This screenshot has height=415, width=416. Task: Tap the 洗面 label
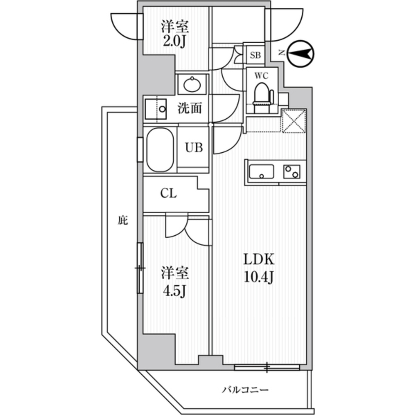pyautogui.click(x=190, y=109)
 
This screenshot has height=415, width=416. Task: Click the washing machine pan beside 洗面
pyautogui.click(x=155, y=110)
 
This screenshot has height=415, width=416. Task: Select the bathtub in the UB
pyautogui.click(x=160, y=150)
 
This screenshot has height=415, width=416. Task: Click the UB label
pyautogui.click(x=194, y=148)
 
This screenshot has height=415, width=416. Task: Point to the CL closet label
pyautogui.click(x=169, y=193)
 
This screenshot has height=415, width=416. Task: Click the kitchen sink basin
pyautogui.click(x=261, y=171)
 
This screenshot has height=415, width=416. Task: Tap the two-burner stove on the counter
pyautogui.click(x=292, y=171)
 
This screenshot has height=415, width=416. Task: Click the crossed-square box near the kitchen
pyautogui.click(x=294, y=121)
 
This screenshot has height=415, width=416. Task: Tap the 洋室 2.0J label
pyautogui.click(x=175, y=35)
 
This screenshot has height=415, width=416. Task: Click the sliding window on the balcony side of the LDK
pyautogui.click(x=266, y=367)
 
